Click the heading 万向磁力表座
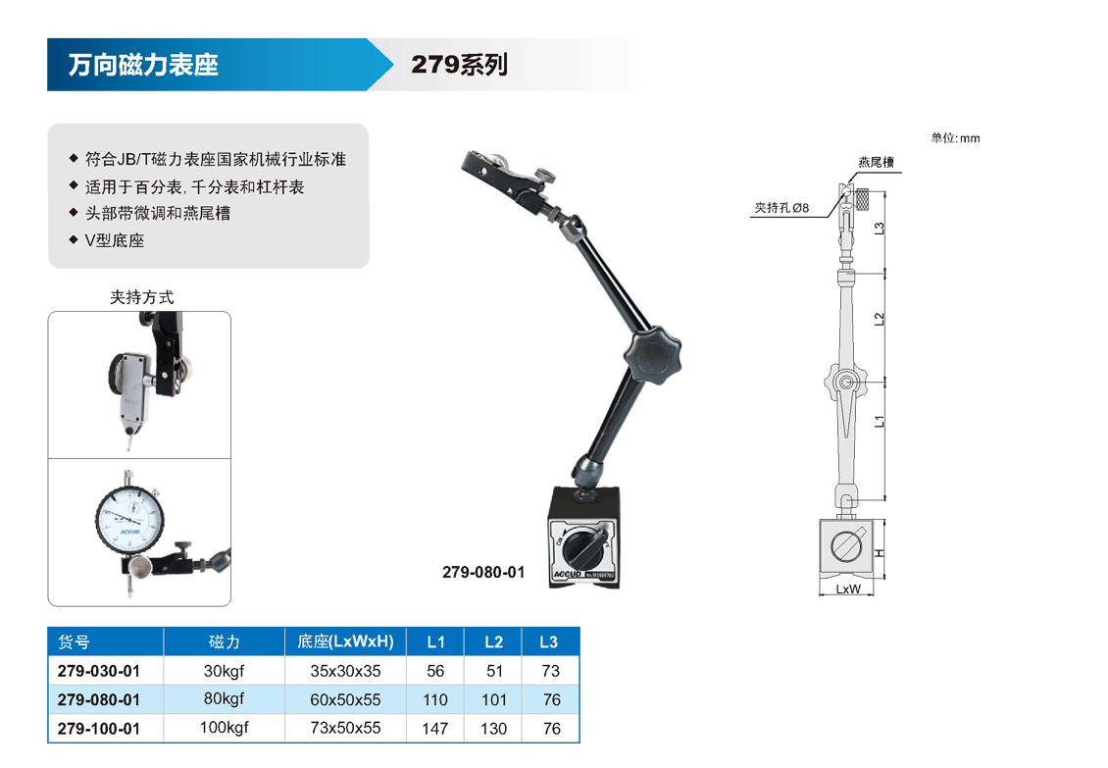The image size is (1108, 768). [143, 65]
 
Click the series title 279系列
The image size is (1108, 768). [459, 65]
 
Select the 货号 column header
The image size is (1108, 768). [75, 642]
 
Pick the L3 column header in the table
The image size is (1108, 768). [549, 642]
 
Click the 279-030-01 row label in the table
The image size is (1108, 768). [99, 671]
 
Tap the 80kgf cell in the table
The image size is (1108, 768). [224, 698]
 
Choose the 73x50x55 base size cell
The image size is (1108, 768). [345, 728]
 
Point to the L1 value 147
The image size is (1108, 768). [435, 729]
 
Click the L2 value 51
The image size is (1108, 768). [494, 671]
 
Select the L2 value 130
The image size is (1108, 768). [494, 729]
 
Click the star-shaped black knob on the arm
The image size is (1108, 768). [652, 357]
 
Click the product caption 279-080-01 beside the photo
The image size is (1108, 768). [484, 572]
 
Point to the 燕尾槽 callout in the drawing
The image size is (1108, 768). [877, 163]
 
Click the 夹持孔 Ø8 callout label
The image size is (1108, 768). [781, 208]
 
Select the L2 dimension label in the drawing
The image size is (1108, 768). [880, 320]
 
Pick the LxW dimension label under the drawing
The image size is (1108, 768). [848, 589]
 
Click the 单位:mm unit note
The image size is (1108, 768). [955, 138]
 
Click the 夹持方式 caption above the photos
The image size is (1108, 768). [142, 297]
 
